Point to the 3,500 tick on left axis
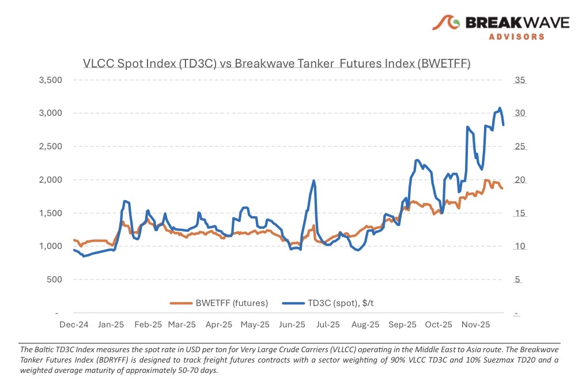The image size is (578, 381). pos(50,80)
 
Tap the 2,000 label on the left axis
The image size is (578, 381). pos(50,180)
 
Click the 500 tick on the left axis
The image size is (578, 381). pos(54,280)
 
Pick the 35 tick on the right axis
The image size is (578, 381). pos(519,80)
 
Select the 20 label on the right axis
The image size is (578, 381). pos(519,180)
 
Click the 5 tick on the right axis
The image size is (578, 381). pos(517,280)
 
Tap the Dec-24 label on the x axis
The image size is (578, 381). pos(74,325)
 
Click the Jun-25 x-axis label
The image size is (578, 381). pos(292,325)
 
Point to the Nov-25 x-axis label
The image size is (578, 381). pos(475,325)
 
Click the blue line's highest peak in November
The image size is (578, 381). pos(500,108)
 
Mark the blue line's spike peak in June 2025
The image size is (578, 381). pos(313,180)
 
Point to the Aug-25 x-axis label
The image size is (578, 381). pos(365,325)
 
